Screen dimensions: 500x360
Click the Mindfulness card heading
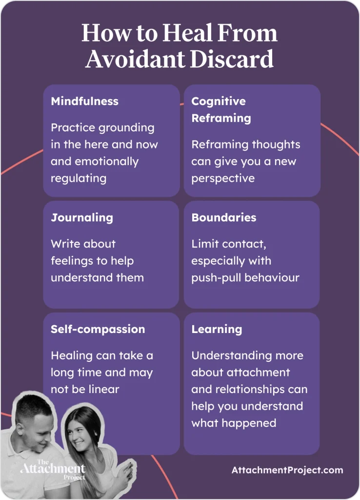click(x=84, y=102)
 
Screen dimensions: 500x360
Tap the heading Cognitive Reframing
click(x=221, y=110)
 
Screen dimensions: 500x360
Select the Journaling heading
click(x=81, y=218)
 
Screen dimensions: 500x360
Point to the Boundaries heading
click(x=223, y=218)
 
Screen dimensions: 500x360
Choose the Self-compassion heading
click(x=98, y=329)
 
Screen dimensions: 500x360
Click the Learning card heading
click(x=217, y=329)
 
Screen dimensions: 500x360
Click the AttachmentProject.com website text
click(x=287, y=471)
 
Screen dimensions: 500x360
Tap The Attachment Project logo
click(x=52, y=470)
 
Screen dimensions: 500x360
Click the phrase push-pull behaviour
click(x=245, y=278)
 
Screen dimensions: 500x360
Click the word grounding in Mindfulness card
click(x=126, y=128)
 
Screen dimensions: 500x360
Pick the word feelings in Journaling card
click(x=73, y=261)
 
